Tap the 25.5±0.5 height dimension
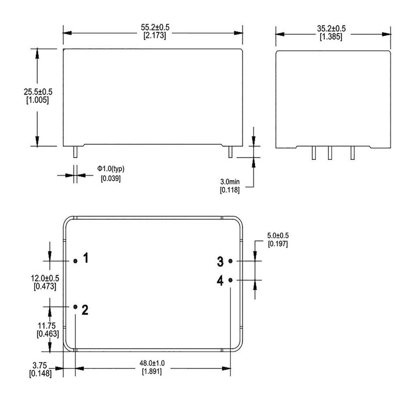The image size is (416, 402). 38,92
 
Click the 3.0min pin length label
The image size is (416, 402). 230,182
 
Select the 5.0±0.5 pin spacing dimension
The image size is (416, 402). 278,236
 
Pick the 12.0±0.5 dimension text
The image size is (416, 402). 45,279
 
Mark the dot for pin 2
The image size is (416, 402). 75,307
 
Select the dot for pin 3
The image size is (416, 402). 230,261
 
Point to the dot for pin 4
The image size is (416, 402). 230,280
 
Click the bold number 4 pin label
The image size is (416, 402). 220,281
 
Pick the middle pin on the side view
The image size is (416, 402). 330,153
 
